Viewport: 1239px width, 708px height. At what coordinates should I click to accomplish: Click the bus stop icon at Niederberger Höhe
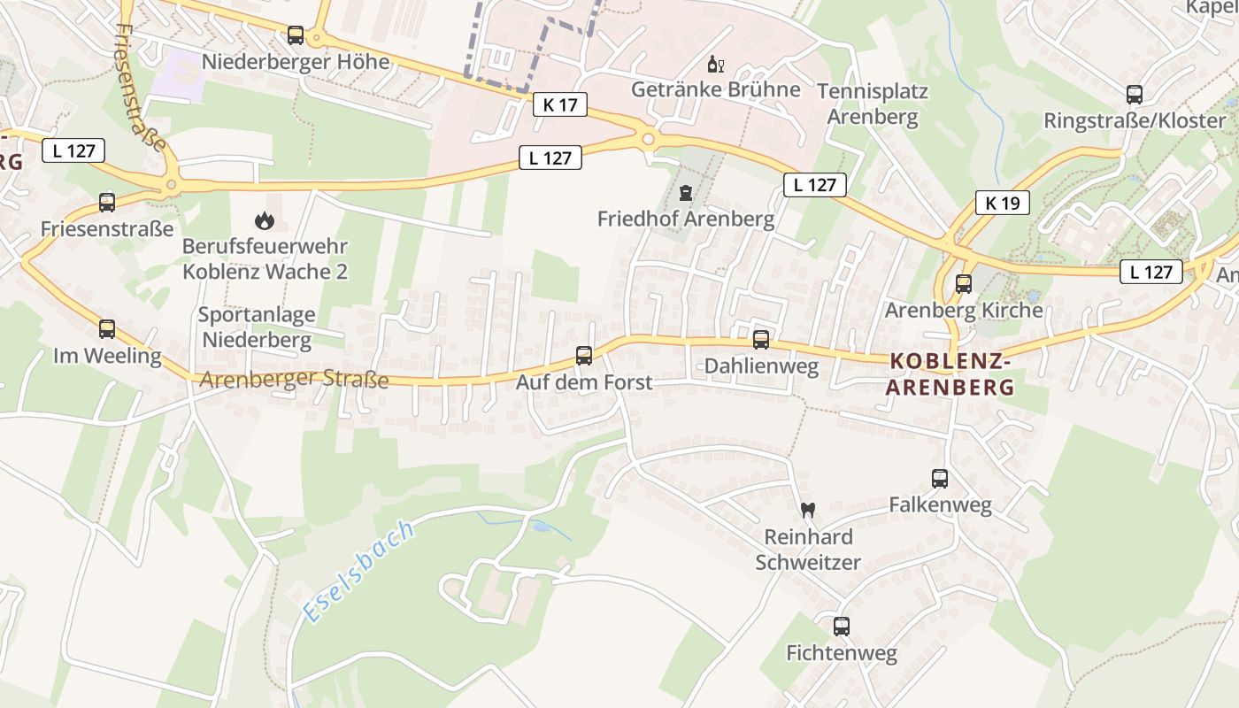(x=296, y=35)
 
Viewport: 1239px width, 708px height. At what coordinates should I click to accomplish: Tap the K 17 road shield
(x=560, y=104)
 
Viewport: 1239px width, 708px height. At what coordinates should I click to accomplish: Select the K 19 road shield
(x=1003, y=203)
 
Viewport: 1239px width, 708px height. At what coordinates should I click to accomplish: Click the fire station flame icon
(x=264, y=220)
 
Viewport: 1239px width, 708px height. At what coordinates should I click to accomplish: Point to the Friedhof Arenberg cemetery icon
(x=685, y=192)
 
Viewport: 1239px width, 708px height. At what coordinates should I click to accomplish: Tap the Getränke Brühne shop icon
(x=715, y=64)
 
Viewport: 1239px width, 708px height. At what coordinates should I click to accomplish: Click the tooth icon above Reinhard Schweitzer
(x=807, y=510)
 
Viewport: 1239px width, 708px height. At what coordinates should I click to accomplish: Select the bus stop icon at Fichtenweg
(x=842, y=627)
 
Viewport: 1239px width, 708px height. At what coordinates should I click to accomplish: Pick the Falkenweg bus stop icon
(x=940, y=479)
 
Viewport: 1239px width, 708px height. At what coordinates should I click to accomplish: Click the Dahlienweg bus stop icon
(x=761, y=340)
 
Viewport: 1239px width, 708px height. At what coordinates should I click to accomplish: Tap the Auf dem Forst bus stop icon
(x=584, y=356)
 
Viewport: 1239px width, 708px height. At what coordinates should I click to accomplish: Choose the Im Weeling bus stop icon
(x=107, y=329)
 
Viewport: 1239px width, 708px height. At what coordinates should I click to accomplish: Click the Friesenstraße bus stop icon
(x=107, y=203)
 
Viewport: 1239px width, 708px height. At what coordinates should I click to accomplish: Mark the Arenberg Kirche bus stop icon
(x=964, y=284)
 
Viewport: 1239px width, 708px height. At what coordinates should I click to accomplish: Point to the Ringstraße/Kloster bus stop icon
(x=1135, y=95)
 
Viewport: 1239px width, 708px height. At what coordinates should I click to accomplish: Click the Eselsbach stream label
(x=358, y=572)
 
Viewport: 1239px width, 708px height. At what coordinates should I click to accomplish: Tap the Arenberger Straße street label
(x=294, y=380)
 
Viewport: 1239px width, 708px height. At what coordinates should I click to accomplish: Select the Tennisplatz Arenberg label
(x=872, y=104)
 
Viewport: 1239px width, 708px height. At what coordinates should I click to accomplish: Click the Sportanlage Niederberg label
(x=256, y=327)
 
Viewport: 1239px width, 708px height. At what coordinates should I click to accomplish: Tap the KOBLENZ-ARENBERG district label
(x=950, y=374)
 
